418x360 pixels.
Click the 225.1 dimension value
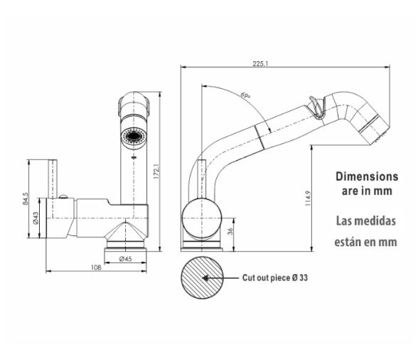point(260,63)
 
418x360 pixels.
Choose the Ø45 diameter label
point(126,259)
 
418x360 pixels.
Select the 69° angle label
point(246,95)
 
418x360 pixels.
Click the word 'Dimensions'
point(366,176)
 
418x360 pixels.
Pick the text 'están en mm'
point(366,242)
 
